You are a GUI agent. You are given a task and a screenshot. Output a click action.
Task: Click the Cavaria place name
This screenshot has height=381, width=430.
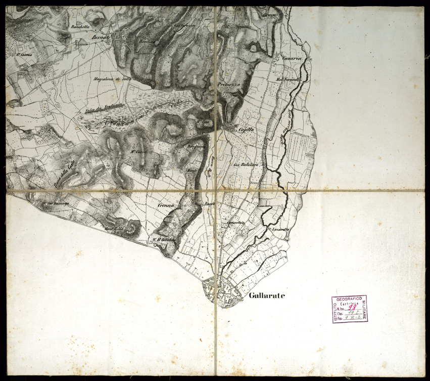(293, 59)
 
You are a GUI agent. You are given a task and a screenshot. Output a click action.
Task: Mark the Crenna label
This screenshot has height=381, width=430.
(165, 205)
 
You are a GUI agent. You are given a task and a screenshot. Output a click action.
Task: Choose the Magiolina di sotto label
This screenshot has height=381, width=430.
(113, 78)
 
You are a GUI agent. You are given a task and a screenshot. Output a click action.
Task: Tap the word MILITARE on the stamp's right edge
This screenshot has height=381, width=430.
(365, 310)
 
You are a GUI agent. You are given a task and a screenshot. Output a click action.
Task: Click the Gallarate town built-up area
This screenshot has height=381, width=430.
(222, 293)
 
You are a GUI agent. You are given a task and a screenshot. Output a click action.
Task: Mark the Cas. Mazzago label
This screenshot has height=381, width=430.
(54, 204)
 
